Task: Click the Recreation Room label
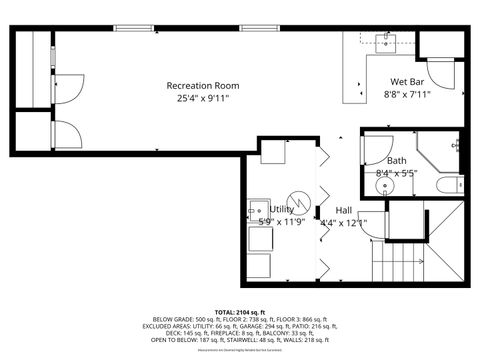[204, 85]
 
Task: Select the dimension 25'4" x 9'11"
[204, 98]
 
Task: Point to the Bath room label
[397, 161]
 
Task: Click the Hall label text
[344, 210]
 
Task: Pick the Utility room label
[282, 210]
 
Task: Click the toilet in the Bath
[451, 184]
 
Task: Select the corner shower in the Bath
[441, 150]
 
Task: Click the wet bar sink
[386, 42]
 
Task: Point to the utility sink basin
[258, 213]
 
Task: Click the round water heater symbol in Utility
[297, 198]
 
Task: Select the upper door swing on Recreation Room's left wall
[62, 88]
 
